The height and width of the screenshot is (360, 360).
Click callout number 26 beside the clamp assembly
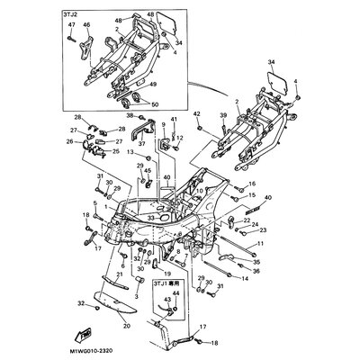click(70, 141)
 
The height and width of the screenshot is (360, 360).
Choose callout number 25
click(114, 151)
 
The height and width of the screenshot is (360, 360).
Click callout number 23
click(262, 230)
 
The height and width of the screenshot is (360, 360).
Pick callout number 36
click(256, 271)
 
